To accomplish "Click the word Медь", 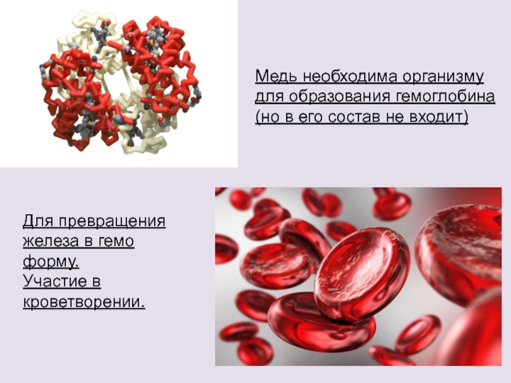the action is [x=276, y=77].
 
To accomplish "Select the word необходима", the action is [x=349, y=77].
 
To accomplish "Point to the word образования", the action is [x=340, y=97].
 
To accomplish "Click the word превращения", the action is [x=112, y=222].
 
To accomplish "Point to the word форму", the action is [x=51, y=262].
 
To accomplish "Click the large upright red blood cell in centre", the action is [x=361, y=273].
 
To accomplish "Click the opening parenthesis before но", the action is [x=257, y=117].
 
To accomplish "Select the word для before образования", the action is [x=269, y=98].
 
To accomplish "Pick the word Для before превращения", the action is [x=38, y=222].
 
